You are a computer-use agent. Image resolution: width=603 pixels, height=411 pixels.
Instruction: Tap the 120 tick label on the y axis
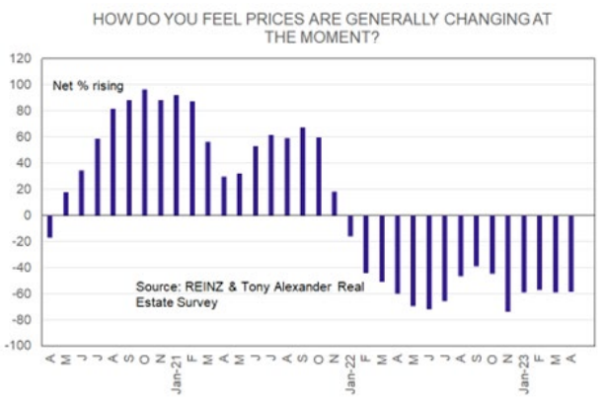click(x=22, y=58)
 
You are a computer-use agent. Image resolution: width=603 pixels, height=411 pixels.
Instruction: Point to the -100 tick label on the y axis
click(x=18, y=346)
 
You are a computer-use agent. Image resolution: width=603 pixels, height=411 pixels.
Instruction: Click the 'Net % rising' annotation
click(x=84, y=88)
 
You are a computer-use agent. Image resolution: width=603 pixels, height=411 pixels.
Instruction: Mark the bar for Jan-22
click(x=349, y=225)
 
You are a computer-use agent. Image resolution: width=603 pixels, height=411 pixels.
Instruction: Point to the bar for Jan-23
click(x=523, y=253)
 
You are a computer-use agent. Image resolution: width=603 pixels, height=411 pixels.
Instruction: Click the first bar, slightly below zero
click(x=49, y=226)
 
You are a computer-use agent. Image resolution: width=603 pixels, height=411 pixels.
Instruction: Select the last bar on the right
click(x=571, y=253)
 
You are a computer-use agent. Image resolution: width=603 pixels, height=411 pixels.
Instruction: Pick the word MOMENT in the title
click(x=314, y=36)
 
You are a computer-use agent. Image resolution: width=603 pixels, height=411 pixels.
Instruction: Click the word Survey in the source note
click(x=196, y=303)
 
